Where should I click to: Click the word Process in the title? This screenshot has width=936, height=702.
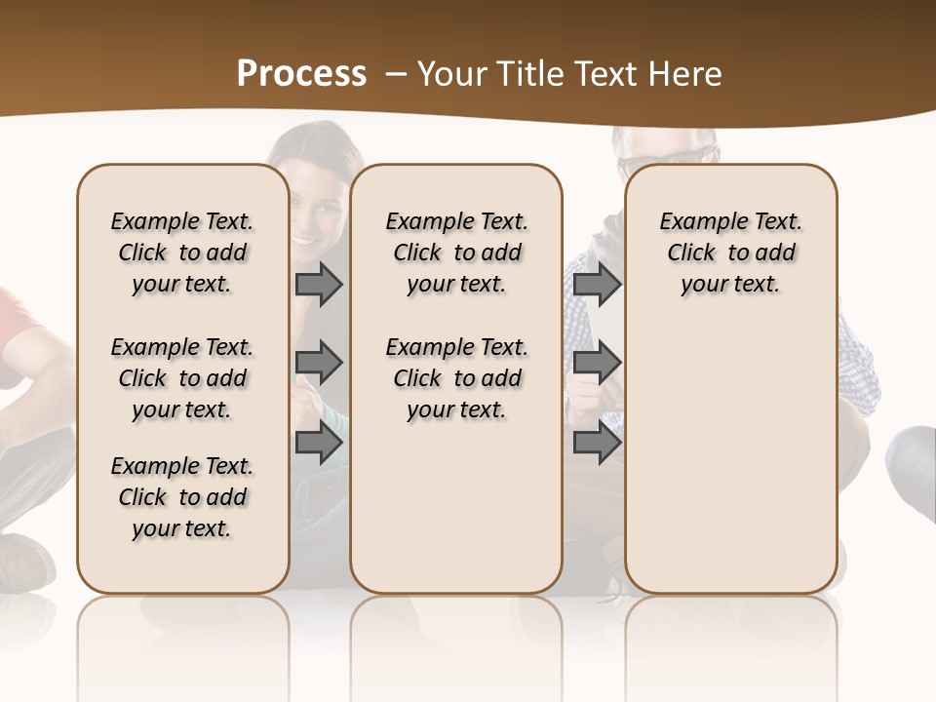(x=301, y=74)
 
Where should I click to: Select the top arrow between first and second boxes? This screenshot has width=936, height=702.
(x=319, y=285)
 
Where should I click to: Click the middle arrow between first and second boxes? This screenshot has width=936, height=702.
(x=319, y=363)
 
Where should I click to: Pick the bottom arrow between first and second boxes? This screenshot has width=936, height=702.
(x=319, y=443)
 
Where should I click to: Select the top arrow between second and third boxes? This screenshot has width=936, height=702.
(x=597, y=285)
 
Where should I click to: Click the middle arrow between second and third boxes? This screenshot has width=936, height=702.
(x=597, y=363)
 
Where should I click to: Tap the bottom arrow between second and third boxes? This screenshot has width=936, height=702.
(x=597, y=443)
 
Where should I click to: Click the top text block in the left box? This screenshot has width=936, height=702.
(x=182, y=253)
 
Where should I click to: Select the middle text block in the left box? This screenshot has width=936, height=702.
(x=182, y=378)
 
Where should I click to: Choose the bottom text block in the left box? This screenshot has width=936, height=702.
(x=182, y=497)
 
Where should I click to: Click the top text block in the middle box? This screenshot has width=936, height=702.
(x=457, y=253)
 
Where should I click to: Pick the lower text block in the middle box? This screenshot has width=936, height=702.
(x=457, y=378)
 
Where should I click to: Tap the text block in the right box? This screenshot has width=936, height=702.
(x=731, y=253)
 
